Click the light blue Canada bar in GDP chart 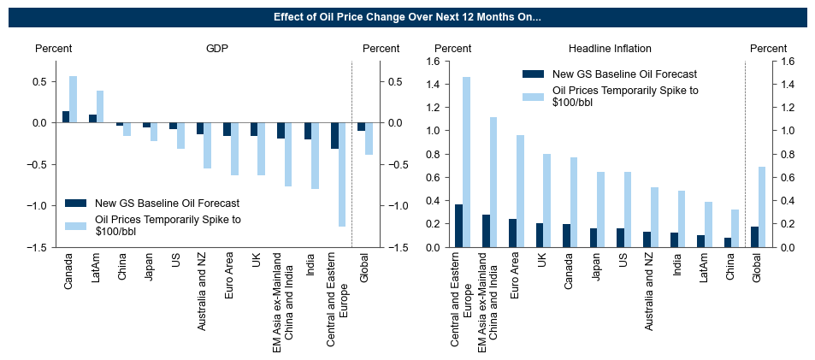tap(73, 99)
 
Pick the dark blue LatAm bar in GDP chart tap(92, 119)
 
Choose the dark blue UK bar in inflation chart tap(539, 235)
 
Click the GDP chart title tap(217, 49)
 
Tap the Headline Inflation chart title tap(610, 49)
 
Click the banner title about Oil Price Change tap(407, 17)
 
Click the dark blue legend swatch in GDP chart tap(76, 204)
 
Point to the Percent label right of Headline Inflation tap(768, 49)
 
